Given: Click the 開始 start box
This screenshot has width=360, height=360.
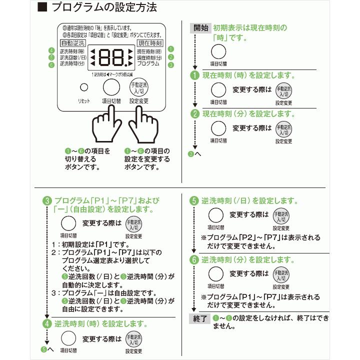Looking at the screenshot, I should pos(201,28).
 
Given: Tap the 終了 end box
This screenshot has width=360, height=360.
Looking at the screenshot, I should pos(201,318).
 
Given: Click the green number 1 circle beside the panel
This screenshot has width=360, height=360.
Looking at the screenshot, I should pos(171,49).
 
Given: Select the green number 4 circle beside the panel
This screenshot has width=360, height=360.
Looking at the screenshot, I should pos(51,50).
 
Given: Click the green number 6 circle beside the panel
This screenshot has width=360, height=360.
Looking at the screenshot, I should pos(51,64).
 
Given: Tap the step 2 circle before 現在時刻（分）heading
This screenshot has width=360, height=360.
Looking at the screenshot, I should pos(195,113).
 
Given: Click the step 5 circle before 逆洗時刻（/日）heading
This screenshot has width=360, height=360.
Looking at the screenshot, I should pos(194,201).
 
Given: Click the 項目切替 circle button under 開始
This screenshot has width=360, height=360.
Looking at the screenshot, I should pos(218,52).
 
